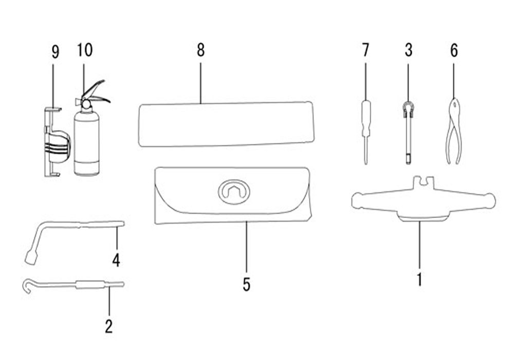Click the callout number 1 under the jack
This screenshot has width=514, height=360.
pyautogui.click(x=419, y=279)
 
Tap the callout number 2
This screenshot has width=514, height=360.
pyautogui.click(x=108, y=326)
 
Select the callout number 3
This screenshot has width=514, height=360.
pyautogui.click(x=409, y=50)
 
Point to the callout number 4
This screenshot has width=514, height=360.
pyautogui.click(x=116, y=260)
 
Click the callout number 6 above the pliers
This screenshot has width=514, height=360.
pyautogui.click(x=453, y=50)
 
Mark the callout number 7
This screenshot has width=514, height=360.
pyautogui.click(x=365, y=50)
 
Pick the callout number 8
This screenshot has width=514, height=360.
pyautogui.click(x=200, y=50)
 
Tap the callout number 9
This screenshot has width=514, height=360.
pyautogui.click(x=56, y=51)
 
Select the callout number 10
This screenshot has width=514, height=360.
pyautogui.click(x=85, y=50)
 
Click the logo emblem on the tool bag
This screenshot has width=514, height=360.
pyautogui.click(x=234, y=192)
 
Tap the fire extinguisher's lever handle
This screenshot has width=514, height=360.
pyautogui.click(x=98, y=93)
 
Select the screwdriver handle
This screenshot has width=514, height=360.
pyautogui.click(x=365, y=118)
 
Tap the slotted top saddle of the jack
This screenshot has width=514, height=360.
pyautogui.click(x=424, y=182)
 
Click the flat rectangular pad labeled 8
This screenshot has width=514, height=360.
pyautogui.click(x=226, y=124)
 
